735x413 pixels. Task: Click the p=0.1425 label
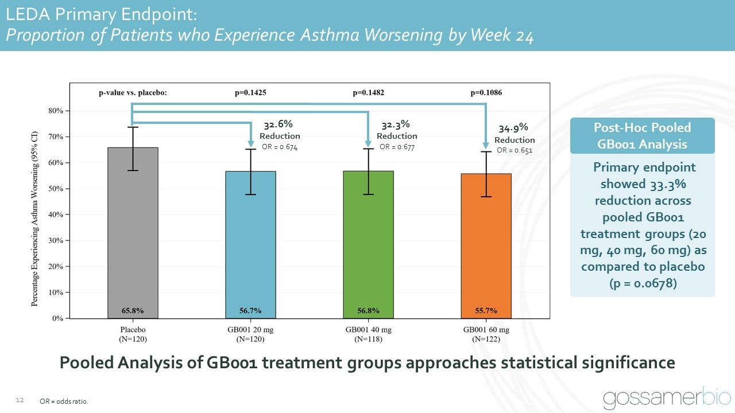coord(250,92)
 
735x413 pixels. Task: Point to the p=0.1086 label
coord(486,92)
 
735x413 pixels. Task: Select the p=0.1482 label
coord(368,92)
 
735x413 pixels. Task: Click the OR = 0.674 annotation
coord(280,147)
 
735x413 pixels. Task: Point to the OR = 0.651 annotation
coord(514,151)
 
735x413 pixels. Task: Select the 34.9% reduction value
coord(513,128)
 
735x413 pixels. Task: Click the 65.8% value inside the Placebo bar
coord(133,311)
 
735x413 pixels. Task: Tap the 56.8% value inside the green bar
coord(368,311)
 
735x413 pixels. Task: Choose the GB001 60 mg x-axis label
coord(486,330)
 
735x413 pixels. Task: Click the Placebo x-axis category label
coord(133,330)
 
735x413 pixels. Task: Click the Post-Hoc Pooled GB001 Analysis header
coord(642,136)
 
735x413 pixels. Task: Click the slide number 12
coord(19,400)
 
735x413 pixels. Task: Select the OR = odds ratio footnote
coord(64,402)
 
